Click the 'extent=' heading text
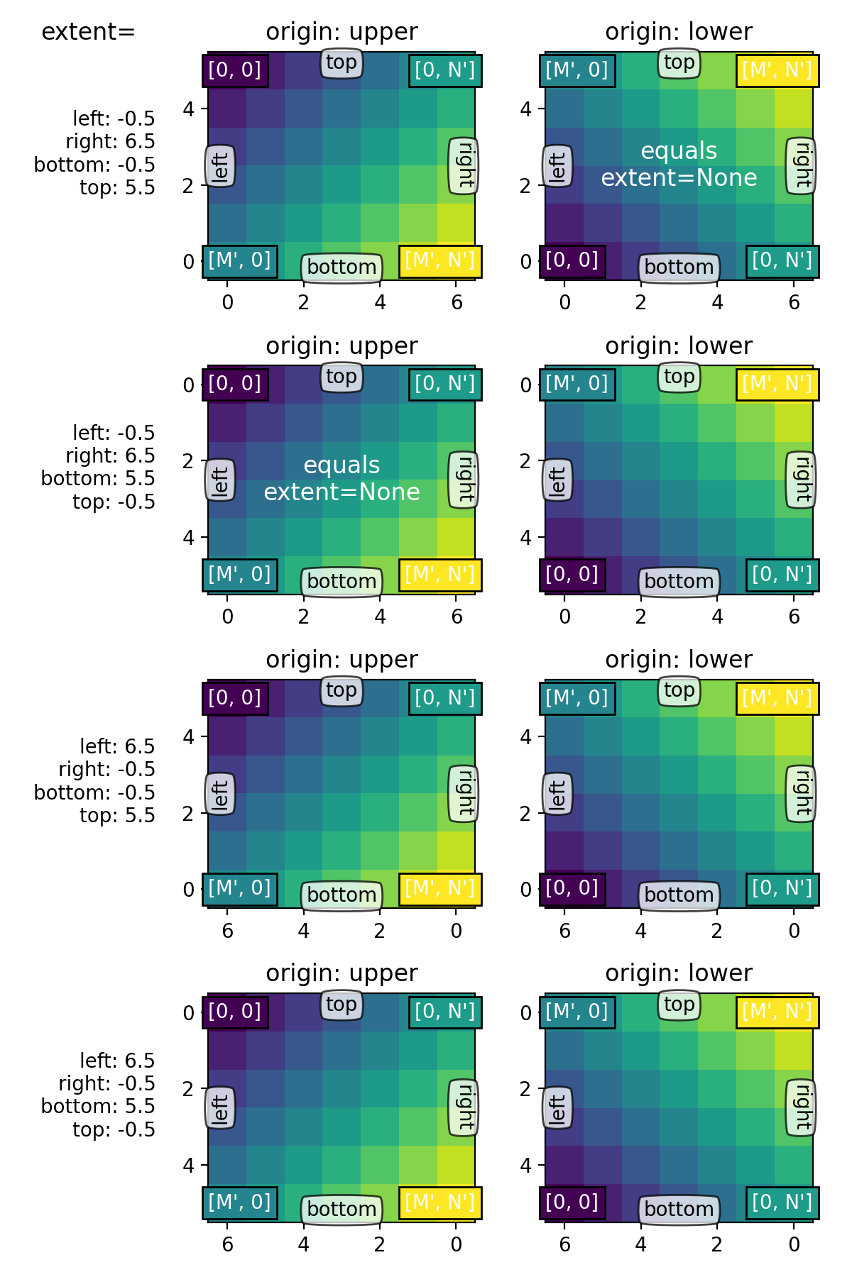coord(88,32)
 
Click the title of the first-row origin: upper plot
coord(342,32)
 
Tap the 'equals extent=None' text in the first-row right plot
coord(679,165)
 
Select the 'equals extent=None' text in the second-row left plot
coord(342,479)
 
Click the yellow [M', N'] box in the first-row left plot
coord(440,261)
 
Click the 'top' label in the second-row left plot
coord(342,377)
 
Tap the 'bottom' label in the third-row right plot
coord(679,895)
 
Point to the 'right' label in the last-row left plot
coord(464,1107)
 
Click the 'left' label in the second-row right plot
coord(558,481)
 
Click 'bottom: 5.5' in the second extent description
coord(98,479)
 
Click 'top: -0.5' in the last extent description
coord(114,1129)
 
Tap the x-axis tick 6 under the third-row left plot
coord(227,931)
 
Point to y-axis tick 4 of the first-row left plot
coord(188,109)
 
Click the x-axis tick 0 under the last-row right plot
coord(794,1244)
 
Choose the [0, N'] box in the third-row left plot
coord(445,698)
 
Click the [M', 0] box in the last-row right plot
coord(577,1012)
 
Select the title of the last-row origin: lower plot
coord(679,973)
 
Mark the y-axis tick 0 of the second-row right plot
coord(526,385)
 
